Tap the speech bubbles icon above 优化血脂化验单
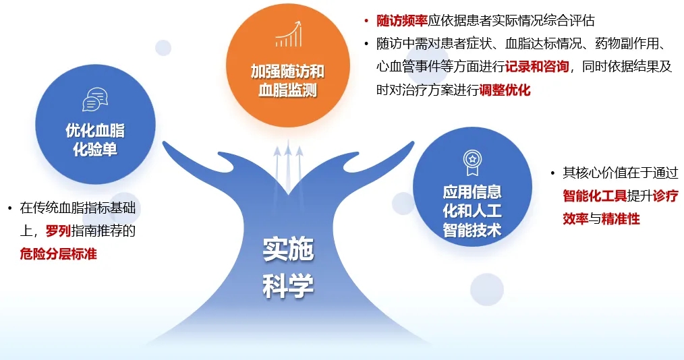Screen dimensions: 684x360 [x=95, y=99]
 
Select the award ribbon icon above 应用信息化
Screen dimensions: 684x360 [x=472, y=162]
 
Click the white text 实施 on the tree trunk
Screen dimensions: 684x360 [x=288, y=249]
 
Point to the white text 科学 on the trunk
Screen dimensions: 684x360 [x=288, y=286]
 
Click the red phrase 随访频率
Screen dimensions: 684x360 [x=402, y=20]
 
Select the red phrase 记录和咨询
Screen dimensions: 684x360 [x=537, y=66]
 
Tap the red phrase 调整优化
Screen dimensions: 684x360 [x=505, y=90]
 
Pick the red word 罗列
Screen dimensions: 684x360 [x=58, y=231]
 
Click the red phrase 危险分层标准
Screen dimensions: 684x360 [x=58, y=253]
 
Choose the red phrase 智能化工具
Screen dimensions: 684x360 [x=594, y=196]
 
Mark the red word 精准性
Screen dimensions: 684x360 [x=621, y=218]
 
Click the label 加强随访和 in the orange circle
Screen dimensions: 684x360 [x=287, y=71]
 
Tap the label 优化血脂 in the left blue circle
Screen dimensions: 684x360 [x=95, y=130]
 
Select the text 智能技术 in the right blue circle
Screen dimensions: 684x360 [x=472, y=230]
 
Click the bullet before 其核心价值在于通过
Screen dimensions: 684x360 [x=552, y=173]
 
